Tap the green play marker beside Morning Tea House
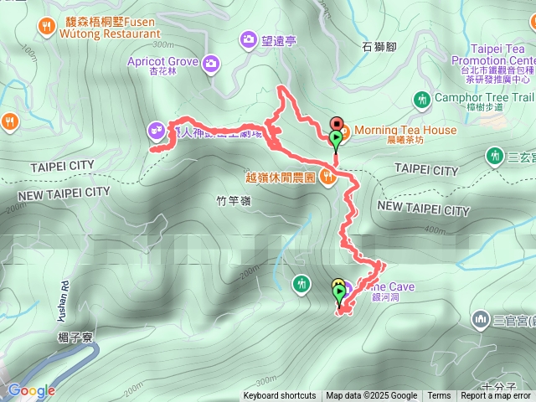point(336,138)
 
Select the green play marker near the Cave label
point(339,294)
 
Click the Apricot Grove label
point(162,62)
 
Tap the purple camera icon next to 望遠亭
point(249,39)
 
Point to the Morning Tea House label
point(405,130)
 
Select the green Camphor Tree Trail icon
point(422,100)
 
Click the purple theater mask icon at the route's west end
point(155,129)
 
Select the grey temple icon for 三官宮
point(481,318)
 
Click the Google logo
point(30,390)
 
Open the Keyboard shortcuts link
point(280,396)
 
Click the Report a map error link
point(496,396)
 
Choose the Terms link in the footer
point(439,396)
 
